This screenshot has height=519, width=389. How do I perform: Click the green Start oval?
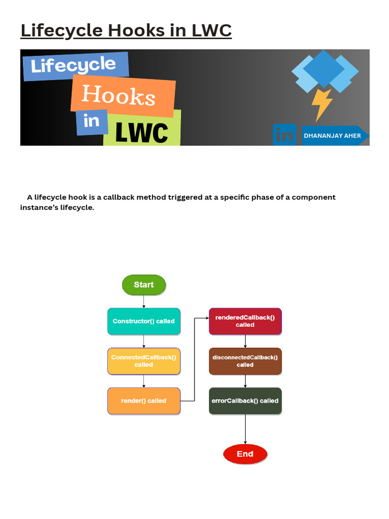tap(144, 285)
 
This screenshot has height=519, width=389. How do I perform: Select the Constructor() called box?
tap(144, 321)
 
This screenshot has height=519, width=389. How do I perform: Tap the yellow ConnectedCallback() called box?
tap(144, 361)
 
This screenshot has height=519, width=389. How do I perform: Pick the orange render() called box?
tap(144, 401)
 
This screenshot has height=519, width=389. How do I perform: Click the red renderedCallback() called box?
tap(245, 321)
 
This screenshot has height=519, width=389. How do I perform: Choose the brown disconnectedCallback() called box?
tap(245, 361)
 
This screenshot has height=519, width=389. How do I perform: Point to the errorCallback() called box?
tap(245, 401)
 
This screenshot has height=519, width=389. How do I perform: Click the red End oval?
tap(245, 454)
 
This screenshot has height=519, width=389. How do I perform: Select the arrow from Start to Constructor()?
tap(144, 302)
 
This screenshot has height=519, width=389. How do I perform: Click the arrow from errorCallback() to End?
tap(245, 429)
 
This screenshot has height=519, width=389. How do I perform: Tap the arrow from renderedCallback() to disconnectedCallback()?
tap(245, 341)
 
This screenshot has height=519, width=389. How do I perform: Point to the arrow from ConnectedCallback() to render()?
tap(144, 381)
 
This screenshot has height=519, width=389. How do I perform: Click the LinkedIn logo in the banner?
tap(285, 135)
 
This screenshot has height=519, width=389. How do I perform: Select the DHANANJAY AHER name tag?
tap(335, 136)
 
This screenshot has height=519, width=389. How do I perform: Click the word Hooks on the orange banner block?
tap(119, 95)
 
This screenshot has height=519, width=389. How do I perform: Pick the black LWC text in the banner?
tap(142, 132)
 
